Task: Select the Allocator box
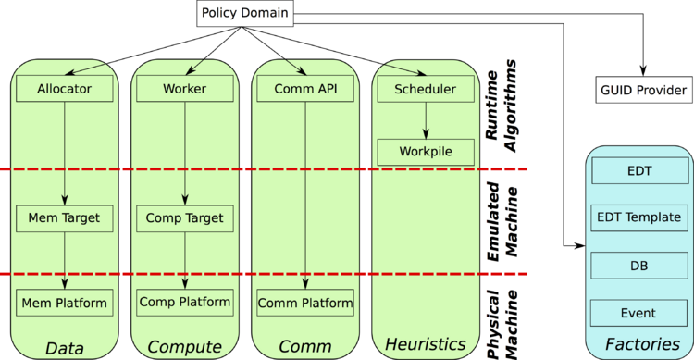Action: pos(65,90)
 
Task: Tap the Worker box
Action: pos(184,90)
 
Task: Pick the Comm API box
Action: pos(305,90)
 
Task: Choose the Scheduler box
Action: pos(425,90)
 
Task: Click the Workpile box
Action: pos(425,151)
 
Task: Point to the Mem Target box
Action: pos(65,219)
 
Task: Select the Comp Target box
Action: pos(184,219)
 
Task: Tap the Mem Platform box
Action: pos(65,302)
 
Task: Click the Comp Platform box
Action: pos(184,302)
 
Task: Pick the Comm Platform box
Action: pos(305,303)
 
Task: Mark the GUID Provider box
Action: pos(642,90)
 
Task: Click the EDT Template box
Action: pos(638,218)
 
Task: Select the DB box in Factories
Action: pos(638,266)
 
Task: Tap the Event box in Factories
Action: pos(638,313)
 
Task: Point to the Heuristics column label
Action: pos(425,344)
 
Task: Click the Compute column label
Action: pos(185,347)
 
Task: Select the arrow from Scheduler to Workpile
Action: pos(425,120)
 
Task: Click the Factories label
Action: pos(639,344)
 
